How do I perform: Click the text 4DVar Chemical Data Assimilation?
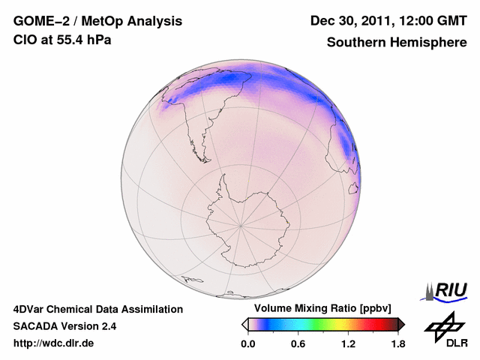click(97, 309)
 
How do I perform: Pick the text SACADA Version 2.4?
click(64, 326)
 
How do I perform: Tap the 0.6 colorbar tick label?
click(298, 344)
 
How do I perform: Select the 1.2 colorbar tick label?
click(348, 344)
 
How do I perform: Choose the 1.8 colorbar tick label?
click(397, 344)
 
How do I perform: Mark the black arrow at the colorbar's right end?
click(401, 324)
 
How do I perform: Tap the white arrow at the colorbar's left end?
click(244, 324)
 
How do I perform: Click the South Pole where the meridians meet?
click(241, 225)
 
